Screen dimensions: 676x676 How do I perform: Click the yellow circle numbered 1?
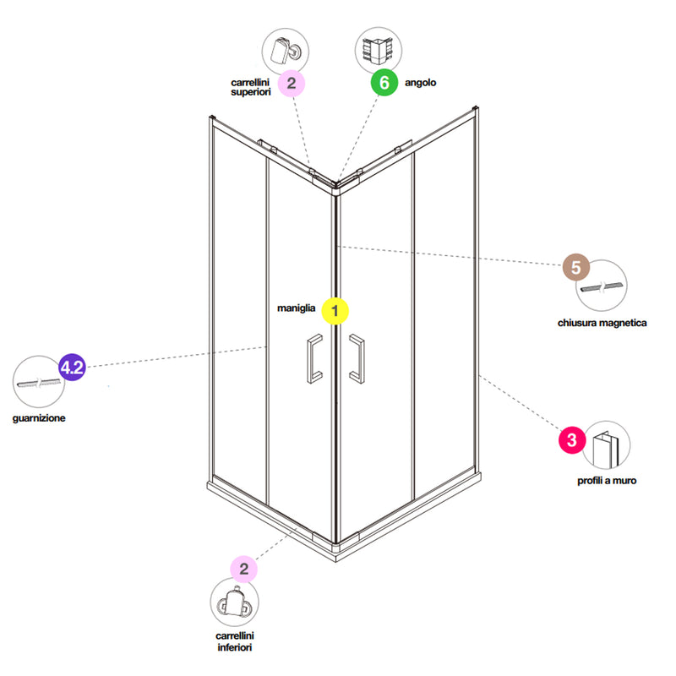pos(335,311)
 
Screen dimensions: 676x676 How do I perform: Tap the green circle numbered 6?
pos(384,83)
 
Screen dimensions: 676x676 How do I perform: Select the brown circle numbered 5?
pos(575,269)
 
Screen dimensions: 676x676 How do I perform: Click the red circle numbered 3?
pos(572,440)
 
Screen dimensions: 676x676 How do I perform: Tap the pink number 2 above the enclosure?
pos(291,83)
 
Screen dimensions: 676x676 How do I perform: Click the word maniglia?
pos(296,309)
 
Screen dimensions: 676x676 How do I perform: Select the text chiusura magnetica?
pos(602,323)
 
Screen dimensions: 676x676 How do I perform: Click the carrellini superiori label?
pos(250,86)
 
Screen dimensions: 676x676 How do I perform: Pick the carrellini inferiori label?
pos(236,641)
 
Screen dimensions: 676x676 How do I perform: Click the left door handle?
pos(313,358)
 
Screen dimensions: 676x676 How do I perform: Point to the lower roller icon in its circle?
pos(235,602)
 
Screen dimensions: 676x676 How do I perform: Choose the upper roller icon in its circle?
pos(285,50)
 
